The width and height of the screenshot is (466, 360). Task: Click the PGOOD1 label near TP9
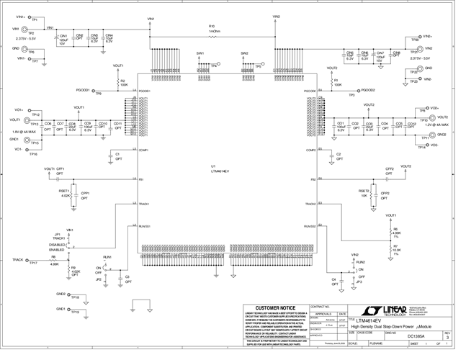(82, 91)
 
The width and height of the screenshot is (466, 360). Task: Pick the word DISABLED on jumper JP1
(58, 243)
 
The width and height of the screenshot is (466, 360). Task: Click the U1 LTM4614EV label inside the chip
(220, 169)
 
